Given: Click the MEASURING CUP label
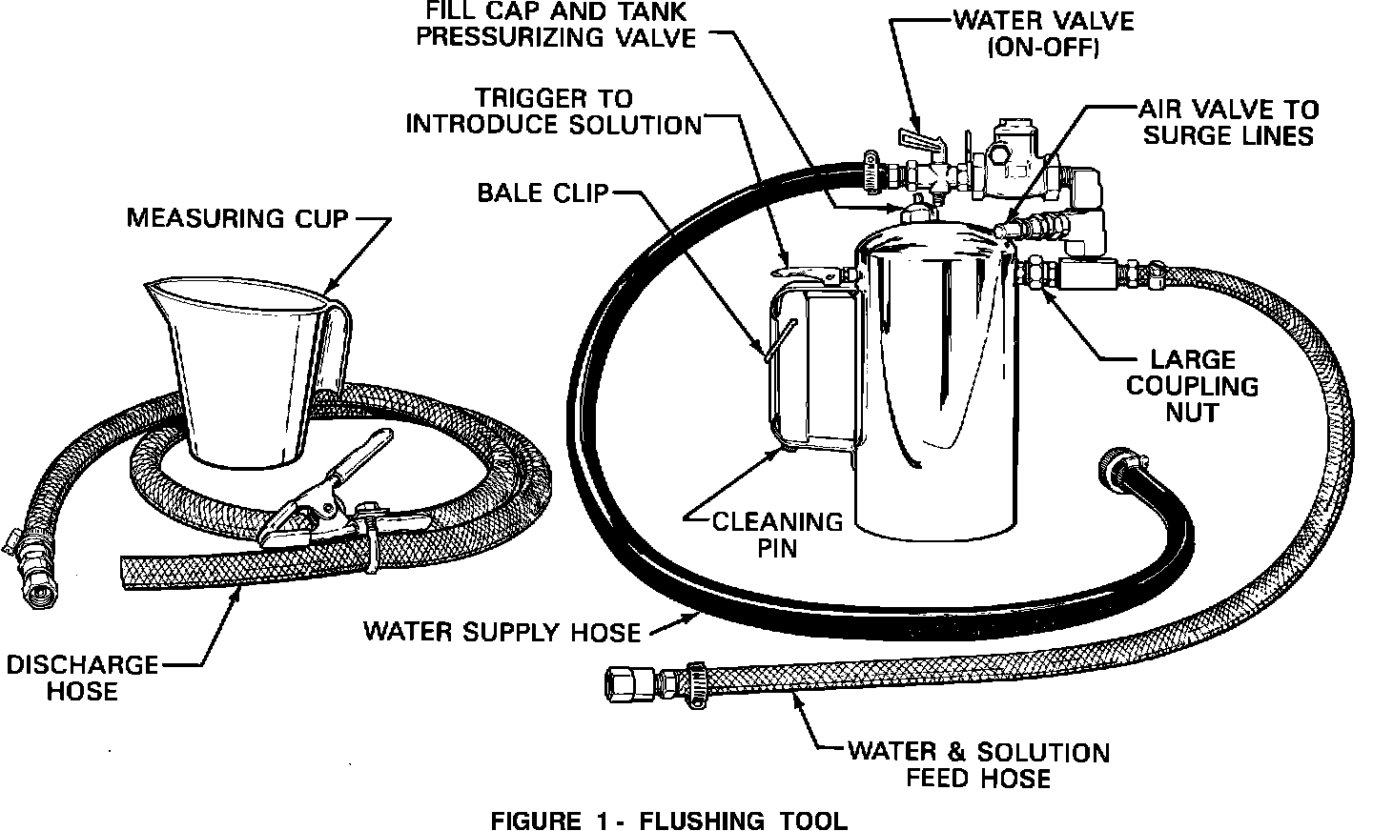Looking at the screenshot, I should pyautogui.click(x=238, y=219).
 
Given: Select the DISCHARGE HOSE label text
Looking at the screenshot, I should pyautogui.click(x=82, y=678).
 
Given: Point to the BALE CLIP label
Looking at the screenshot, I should pyautogui.click(x=543, y=193).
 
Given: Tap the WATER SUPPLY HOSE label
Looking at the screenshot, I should pyautogui.click(x=502, y=631).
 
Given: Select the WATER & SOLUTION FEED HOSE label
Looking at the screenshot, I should pyautogui.click(x=978, y=764).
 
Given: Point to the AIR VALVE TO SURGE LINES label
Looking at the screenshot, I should pyautogui.click(x=1229, y=122).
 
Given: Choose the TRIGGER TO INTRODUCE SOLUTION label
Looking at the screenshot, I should pyautogui.click(x=554, y=111).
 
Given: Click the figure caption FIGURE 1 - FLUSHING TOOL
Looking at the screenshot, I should pyautogui.click(x=667, y=820).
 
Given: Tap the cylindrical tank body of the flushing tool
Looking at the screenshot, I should pyautogui.click(x=934, y=381).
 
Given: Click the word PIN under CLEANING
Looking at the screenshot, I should pyautogui.click(x=778, y=547).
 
